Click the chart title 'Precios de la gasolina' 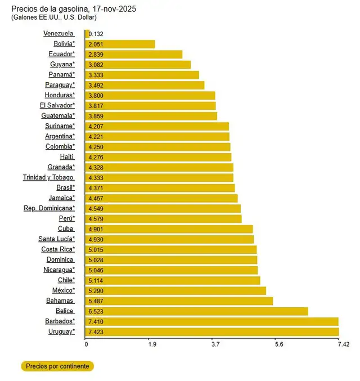pos(73,10)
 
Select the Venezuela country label pos(58,33)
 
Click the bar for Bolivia pos(120,44)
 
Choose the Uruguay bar pos(211,332)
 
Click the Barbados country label pos(60,321)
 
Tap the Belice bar pos(196,311)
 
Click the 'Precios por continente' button pos(57,366)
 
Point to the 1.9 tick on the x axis pos(152,344)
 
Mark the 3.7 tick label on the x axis pos(215,344)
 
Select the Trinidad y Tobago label pos(48,177)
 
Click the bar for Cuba pos(169,229)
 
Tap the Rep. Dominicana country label pos(49,208)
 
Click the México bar pos(175,290)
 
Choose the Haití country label pos(67,157)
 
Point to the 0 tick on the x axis pos(85,344)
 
